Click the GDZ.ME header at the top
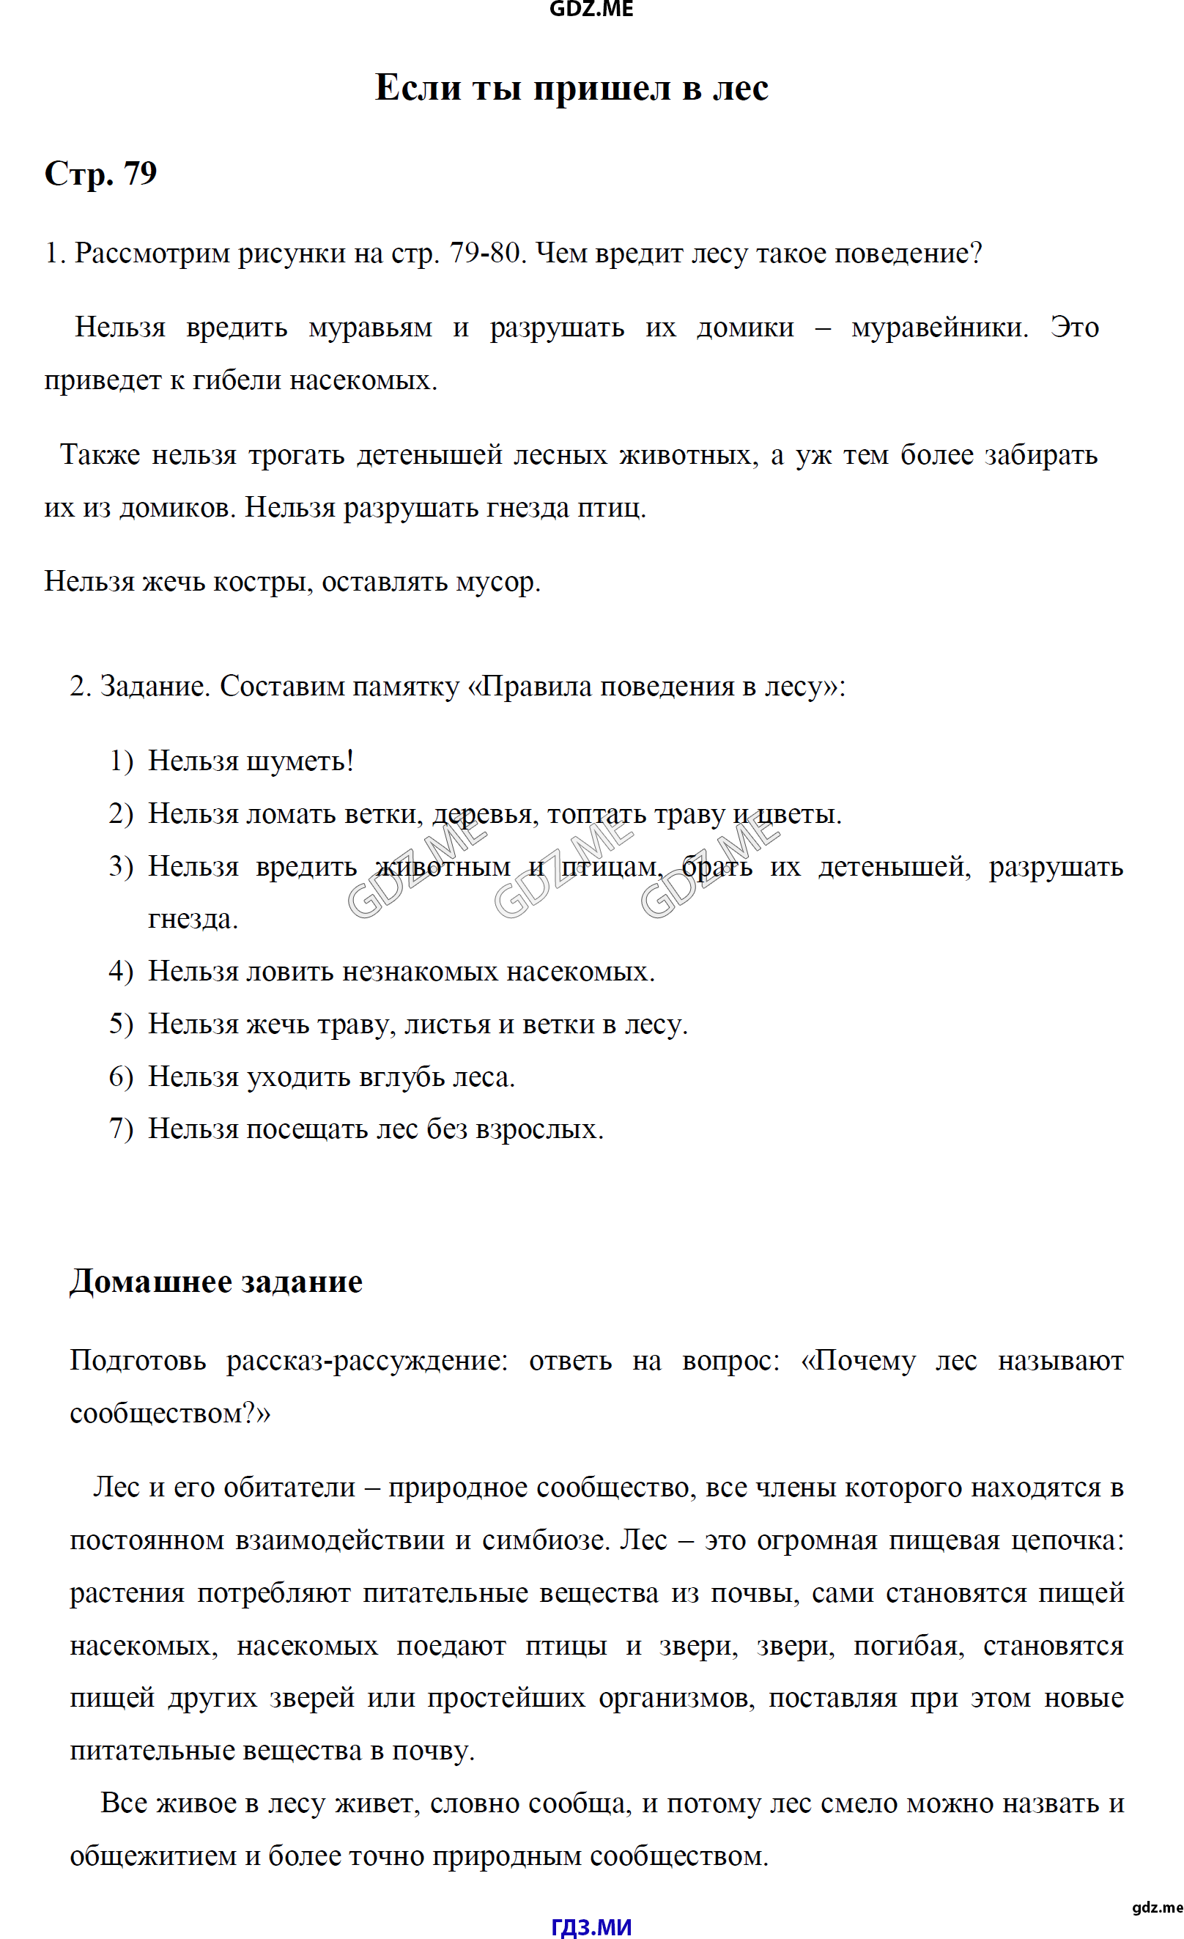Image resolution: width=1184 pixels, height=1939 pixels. pos(591,10)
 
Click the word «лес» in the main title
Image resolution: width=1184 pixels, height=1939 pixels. pos(740,87)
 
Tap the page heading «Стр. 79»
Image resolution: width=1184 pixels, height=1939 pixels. pos(100,173)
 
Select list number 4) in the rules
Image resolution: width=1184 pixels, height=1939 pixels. pos(121,971)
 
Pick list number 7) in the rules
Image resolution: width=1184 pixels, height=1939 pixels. pos(121,1129)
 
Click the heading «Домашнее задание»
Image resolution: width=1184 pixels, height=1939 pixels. pos(215,1282)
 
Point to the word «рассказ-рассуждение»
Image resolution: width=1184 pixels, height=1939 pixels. pos(366,1361)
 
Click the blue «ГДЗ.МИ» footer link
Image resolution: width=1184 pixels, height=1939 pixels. pos(591,1926)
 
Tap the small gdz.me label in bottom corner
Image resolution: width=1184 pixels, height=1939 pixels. pos(1156,1907)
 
